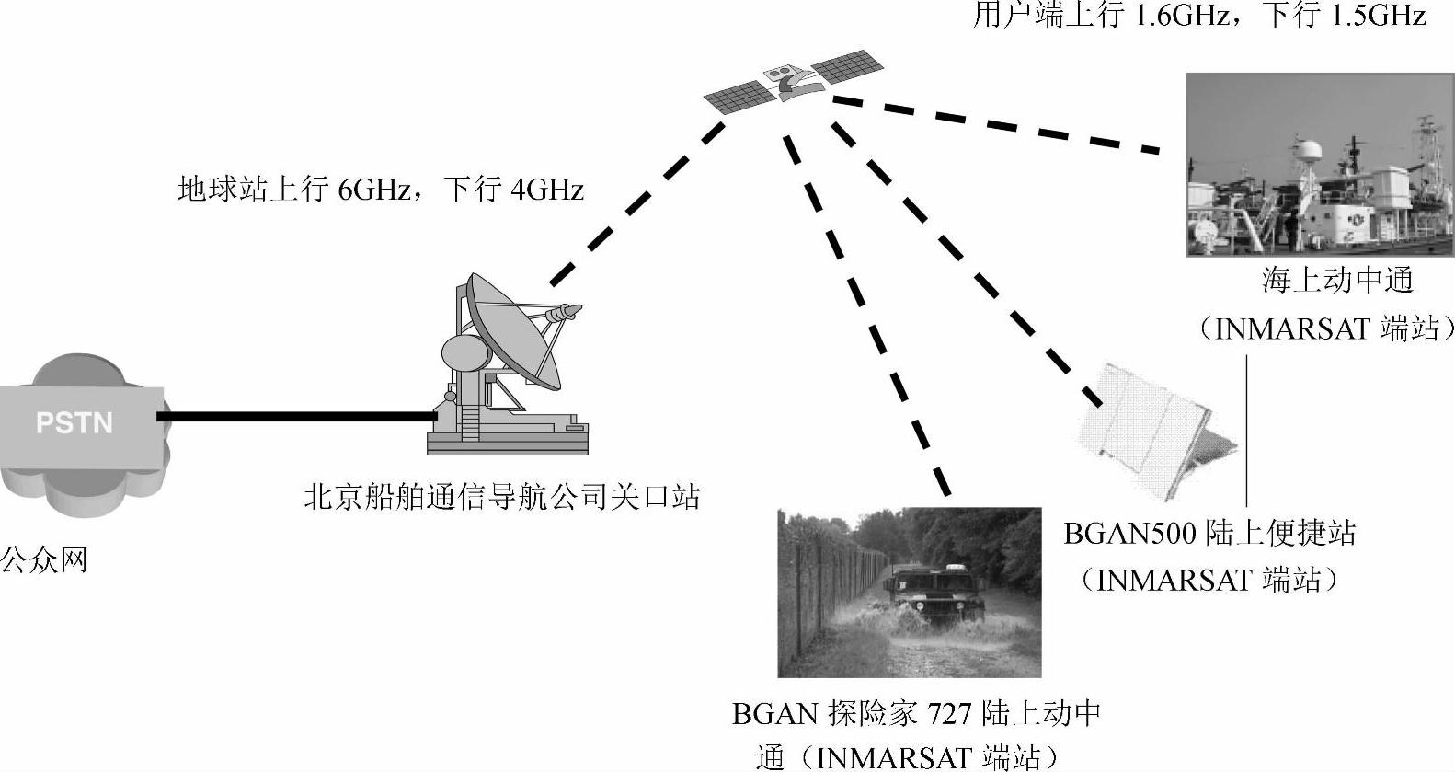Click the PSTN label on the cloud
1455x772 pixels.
(x=74, y=422)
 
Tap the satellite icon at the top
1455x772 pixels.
(x=793, y=81)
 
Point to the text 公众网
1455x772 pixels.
(x=44, y=559)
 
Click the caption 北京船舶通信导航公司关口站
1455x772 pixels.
(x=501, y=498)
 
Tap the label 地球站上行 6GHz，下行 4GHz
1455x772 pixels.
(x=380, y=190)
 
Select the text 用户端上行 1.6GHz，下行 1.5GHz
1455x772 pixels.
(x=1198, y=16)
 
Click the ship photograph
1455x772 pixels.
(x=1320, y=166)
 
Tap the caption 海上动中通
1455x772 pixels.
(x=1336, y=281)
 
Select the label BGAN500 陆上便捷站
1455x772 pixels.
(x=1209, y=533)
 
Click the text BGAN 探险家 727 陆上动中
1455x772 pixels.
(x=916, y=713)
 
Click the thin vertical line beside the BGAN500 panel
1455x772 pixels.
(x=1246, y=432)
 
